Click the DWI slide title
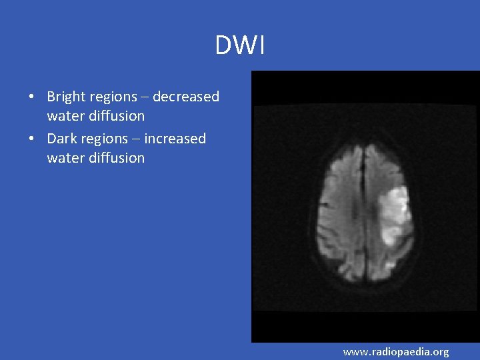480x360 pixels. coord(240,46)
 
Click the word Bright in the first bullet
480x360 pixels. coord(65,97)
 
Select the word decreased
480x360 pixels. coord(186,97)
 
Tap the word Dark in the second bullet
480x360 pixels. coord(61,139)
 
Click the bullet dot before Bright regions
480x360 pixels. coord(31,97)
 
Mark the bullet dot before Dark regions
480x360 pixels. coord(31,139)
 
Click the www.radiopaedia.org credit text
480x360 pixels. coord(396,351)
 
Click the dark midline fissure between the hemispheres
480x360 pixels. coord(363,200)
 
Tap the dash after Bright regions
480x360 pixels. coord(144,97)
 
